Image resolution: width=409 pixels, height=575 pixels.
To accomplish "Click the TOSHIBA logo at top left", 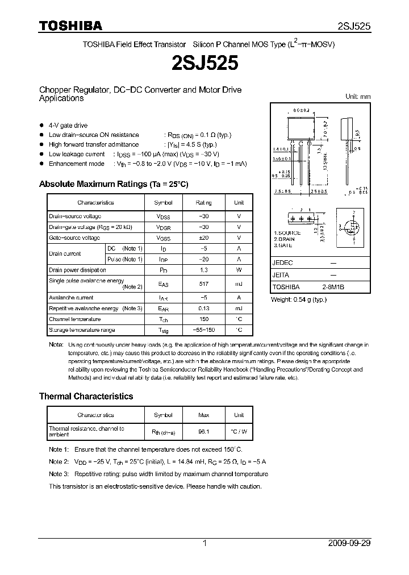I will (70, 26).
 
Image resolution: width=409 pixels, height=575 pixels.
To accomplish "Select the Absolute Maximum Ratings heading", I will (113, 184).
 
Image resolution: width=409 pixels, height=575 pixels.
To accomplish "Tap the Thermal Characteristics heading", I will (86, 396).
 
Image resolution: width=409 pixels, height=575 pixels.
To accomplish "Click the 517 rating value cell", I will (203, 284).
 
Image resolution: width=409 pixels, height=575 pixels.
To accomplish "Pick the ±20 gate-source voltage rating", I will (203, 238).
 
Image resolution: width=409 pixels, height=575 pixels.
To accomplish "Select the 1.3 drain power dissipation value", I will (203, 270).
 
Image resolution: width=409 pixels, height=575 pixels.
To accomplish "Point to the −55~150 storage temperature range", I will (203, 330).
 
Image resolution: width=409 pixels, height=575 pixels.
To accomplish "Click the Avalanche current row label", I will (67, 298).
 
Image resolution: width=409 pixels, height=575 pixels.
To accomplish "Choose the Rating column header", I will (203, 202).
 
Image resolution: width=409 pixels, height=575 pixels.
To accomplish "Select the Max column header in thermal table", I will (203, 415).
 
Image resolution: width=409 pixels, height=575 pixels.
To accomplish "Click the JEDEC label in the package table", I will (282, 263).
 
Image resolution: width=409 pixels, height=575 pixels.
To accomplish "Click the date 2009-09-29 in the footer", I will (349, 543).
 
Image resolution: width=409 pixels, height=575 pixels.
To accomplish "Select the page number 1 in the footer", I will (204, 543).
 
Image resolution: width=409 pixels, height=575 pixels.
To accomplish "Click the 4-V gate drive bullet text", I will (68, 126).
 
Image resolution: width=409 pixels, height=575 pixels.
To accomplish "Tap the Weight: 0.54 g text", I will (299, 299).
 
